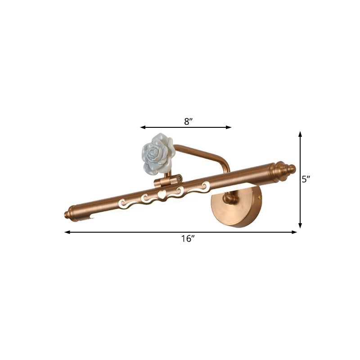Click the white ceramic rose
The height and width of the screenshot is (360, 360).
coord(158,153)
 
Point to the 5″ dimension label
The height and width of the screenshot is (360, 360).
coord(306,179)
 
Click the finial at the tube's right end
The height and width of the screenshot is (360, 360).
coord(283,170)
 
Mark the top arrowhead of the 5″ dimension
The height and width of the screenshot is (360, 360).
coord(300,134)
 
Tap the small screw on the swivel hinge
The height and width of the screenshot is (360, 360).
coord(179,178)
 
